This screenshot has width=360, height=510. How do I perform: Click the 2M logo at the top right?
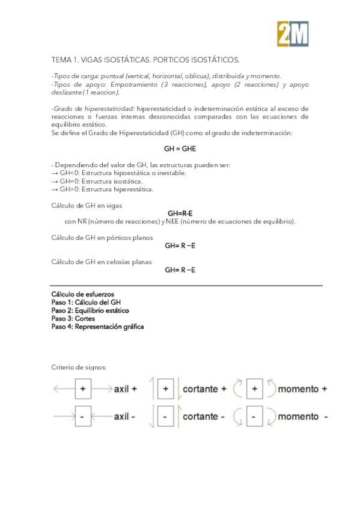point(293,34)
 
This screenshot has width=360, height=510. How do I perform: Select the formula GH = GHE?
point(180,148)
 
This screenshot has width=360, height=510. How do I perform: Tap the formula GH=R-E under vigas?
point(180,213)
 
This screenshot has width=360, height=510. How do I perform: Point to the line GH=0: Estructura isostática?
point(97,181)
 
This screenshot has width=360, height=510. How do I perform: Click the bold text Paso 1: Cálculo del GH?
point(86,302)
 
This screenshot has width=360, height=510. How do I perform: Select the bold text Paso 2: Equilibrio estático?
point(90,310)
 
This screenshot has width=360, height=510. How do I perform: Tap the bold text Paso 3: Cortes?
point(71,319)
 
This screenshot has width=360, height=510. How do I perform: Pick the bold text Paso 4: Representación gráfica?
point(97,327)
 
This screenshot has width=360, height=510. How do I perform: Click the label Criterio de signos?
point(79,367)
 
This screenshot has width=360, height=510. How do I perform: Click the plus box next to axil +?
point(83,389)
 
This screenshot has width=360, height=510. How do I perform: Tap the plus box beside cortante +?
point(165,389)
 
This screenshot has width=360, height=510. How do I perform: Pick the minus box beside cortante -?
point(165,416)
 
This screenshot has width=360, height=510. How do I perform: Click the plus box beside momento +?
point(255,389)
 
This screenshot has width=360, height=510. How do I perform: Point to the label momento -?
point(303,416)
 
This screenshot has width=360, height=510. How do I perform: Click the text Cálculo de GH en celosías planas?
point(101,262)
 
